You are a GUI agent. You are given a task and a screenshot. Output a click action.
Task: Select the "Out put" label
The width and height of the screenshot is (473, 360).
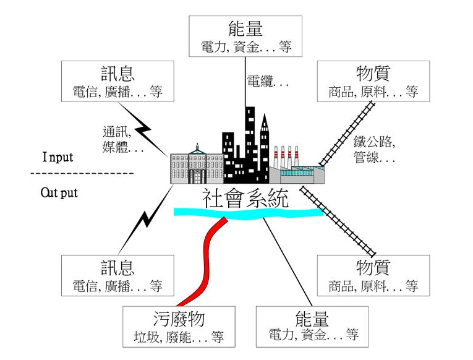pyautogui.click(x=59, y=192)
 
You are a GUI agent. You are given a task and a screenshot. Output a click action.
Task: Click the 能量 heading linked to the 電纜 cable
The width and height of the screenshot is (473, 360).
pyautogui.click(x=246, y=28)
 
